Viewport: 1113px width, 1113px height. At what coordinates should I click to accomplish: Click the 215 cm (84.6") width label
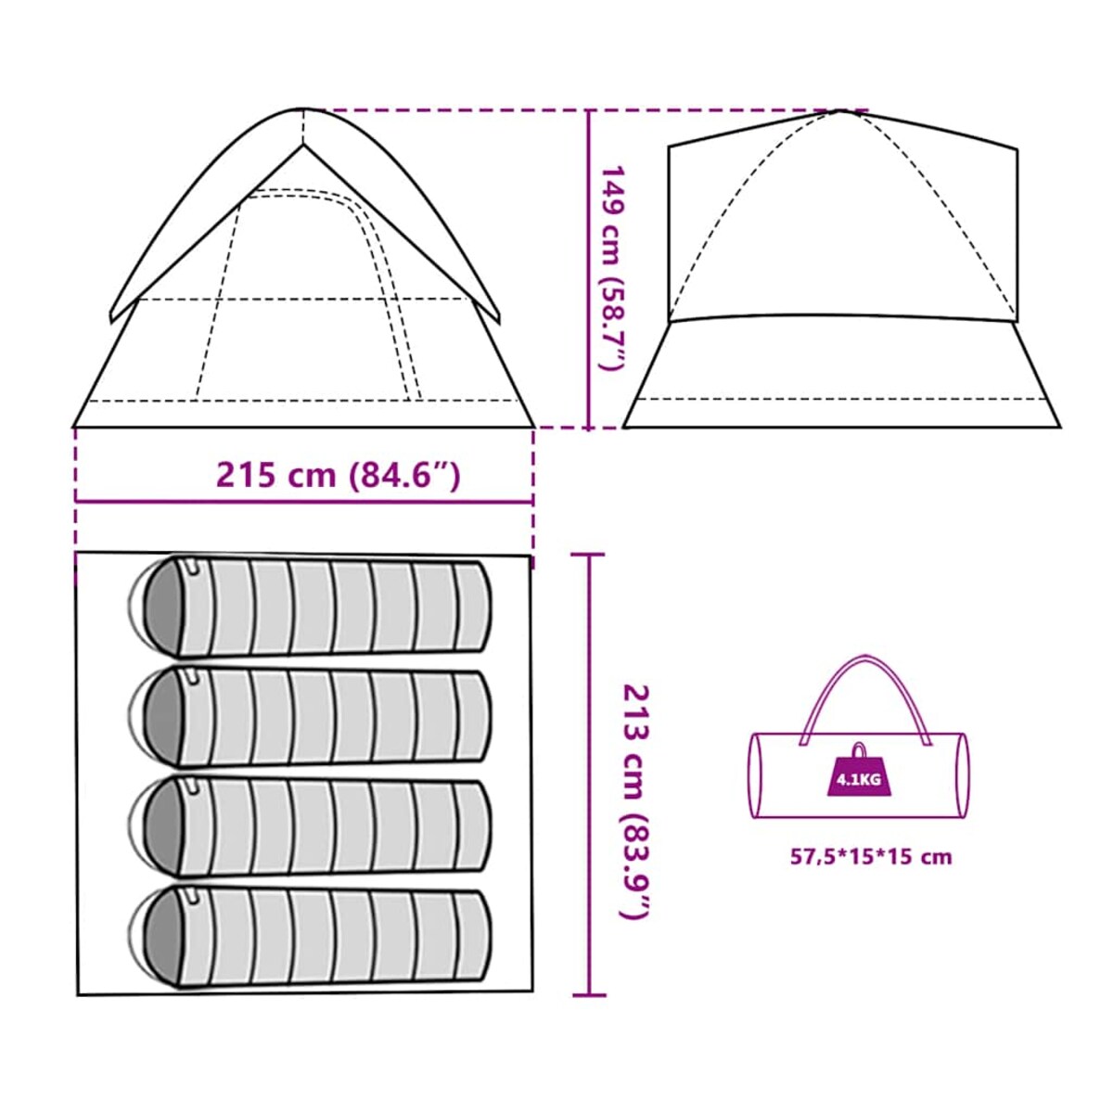pyautogui.click(x=338, y=475)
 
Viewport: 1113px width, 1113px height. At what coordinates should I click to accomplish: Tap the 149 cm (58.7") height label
pyautogui.click(x=613, y=269)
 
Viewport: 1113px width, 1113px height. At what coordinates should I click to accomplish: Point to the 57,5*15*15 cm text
pyautogui.click(x=871, y=857)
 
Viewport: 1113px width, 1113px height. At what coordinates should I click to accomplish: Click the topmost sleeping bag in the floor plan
pyautogui.click(x=315, y=608)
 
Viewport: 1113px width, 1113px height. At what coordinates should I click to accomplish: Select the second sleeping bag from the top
pyautogui.click(x=315, y=716)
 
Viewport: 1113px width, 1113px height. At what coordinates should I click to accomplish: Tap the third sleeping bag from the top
pyautogui.click(x=315, y=826)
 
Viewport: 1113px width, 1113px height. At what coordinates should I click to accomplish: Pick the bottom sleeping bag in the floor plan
pyautogui.click(x=315, y=937)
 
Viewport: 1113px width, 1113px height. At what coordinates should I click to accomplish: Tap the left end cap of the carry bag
pyautogui.click(x=754, y=775)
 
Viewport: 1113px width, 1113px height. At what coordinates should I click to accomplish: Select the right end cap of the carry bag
pyautogui.click(x=963, y=775)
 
